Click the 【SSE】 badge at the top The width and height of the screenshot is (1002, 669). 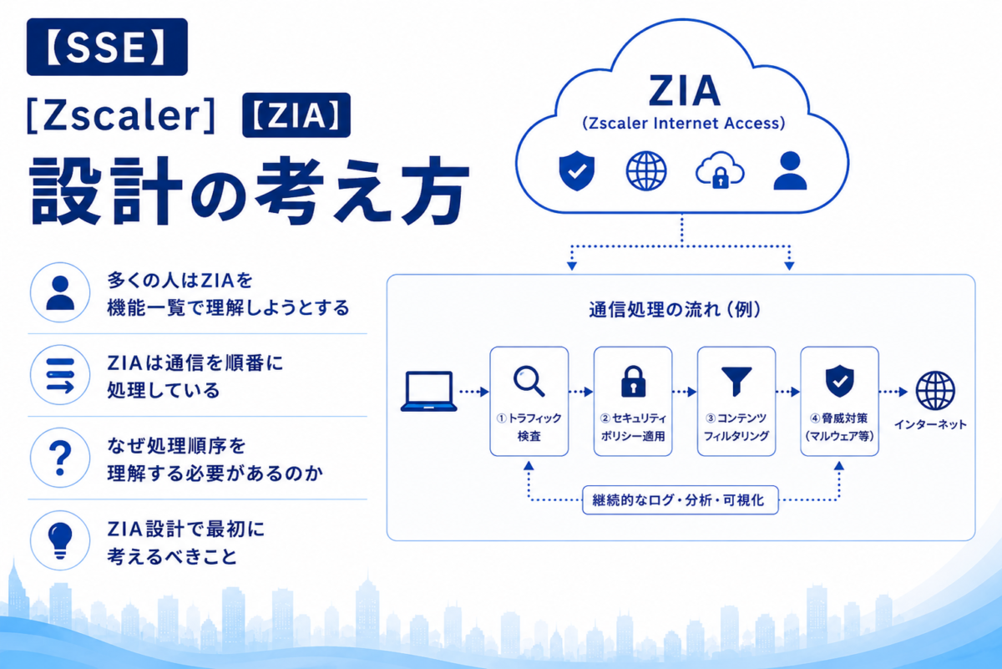[x=107, y=47]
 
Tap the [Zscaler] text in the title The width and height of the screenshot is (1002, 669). [x=121, y=115]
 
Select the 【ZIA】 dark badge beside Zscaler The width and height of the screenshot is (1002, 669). [x=296, y=115]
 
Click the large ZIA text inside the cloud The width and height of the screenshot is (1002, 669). [x=684, y=91]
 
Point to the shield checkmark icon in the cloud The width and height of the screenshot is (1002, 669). [x=577, y=170]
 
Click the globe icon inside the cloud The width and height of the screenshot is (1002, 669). [x=646, y=171]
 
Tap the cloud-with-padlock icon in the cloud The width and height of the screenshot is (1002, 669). [x=720, y=170]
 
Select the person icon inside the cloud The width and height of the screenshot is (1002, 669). [x=791, y=170]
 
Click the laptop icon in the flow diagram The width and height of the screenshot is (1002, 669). [x=428, y=391]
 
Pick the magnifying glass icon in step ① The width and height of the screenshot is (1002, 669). [x=529, y=381]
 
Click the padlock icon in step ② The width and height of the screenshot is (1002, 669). [x=633, y=381]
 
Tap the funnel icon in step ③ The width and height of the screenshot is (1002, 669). [x=736, y=381]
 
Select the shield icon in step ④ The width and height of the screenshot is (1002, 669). [x=840, y=381]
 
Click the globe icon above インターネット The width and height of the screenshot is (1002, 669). [x=935, y=390]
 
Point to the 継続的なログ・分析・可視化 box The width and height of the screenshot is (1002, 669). [x=680, y=499]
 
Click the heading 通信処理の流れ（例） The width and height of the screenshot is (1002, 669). [x=675, y=310]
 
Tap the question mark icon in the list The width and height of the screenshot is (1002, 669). [x=60, y=458]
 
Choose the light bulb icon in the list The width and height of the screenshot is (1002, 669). [x=60, y=540]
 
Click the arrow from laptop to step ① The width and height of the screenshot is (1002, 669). [x=474, y=392]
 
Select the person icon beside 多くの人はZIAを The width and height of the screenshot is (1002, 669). [x=60, y=292]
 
